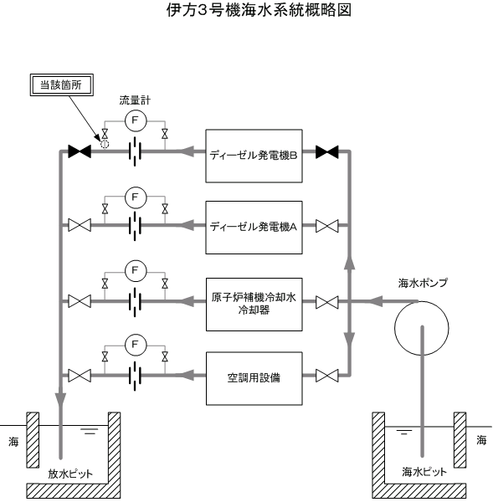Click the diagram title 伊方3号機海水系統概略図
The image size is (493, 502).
point(259,9)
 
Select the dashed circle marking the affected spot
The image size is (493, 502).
point(105,145)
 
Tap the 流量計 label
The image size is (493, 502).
point(135,100)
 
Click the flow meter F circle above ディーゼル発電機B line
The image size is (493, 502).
point(136,120)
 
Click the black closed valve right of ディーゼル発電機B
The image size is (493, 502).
point(327,151)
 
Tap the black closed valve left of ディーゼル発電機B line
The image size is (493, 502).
point(80,151)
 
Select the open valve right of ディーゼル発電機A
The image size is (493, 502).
point(327,226)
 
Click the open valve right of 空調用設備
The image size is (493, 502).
point(327,376)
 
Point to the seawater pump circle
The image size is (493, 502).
point(394,328)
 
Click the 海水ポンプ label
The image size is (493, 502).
point(423,283)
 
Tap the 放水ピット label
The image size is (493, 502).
point(70,474)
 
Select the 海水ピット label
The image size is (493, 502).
point(424,472)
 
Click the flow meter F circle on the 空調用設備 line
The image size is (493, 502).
point(136,345)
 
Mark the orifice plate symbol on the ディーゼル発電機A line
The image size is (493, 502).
point(135,226)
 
